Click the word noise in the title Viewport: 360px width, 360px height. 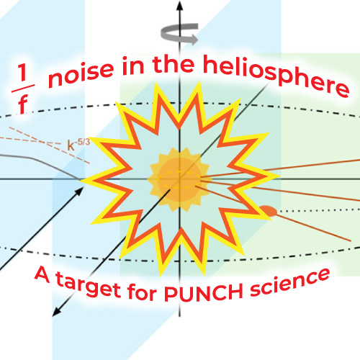pyautogui.click(x=81, y=74)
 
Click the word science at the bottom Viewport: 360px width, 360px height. pyautogui.click(x=289, y=282)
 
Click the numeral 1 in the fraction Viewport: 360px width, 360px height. pyautogui.click(x=23, y=73)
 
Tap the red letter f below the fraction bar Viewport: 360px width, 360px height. pyautogui.click(x=22, y=104)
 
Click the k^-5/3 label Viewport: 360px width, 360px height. pyautogui.click(x=78, y=145)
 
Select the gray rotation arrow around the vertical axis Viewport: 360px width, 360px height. pyautogui.click(x=179, y=34)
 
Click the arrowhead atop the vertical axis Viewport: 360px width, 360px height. pyautogui.click(x=179, y=5)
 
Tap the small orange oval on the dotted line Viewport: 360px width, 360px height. pyautogui.click(x=269, y=211)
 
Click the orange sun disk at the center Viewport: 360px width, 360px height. pyautogui.click(x=179, y=179)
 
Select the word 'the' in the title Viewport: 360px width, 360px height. pyautogui.click(x=174, y=64)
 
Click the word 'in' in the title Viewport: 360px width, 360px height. pyautogui.click(x=132, y=66)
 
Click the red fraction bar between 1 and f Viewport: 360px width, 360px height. pyautogui.click(x=23, y=89)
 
